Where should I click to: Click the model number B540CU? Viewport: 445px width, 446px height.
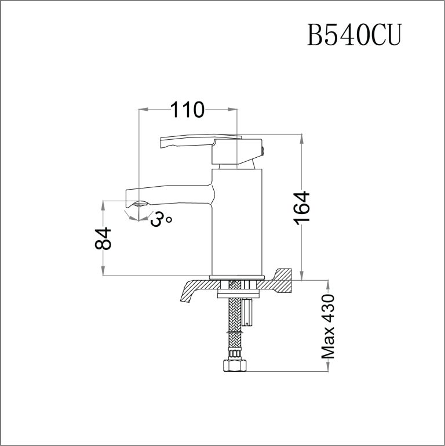353,36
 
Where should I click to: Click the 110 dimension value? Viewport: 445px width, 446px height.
187,109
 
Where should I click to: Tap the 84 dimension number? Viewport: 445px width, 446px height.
103,238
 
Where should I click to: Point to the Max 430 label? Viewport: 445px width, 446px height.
329,326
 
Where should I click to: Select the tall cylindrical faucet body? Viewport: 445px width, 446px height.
238,220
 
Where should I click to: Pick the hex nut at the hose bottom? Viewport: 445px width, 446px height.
234,366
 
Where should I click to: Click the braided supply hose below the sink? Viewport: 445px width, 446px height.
235,325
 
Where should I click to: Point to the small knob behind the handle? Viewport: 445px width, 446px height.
261,153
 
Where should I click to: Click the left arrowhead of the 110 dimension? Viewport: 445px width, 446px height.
143,108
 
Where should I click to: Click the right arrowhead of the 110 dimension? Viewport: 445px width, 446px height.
233,108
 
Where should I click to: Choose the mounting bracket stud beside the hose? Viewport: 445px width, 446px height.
249,310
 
